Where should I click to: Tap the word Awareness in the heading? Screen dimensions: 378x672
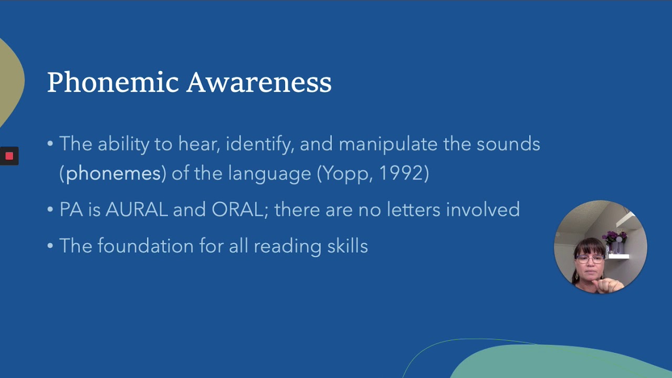[259, 82]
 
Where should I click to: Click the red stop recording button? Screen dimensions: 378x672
[9, 156]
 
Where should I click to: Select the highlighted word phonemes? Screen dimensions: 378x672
[113, 173]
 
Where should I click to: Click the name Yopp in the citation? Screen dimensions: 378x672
[344, 173]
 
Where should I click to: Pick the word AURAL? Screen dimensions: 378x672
[136, 210]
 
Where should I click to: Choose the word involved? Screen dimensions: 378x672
[483, 210]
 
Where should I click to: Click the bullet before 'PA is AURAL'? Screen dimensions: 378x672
[50, 210]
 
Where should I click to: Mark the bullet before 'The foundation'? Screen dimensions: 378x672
[50, 246]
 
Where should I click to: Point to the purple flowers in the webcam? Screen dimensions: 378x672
[615, 237]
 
